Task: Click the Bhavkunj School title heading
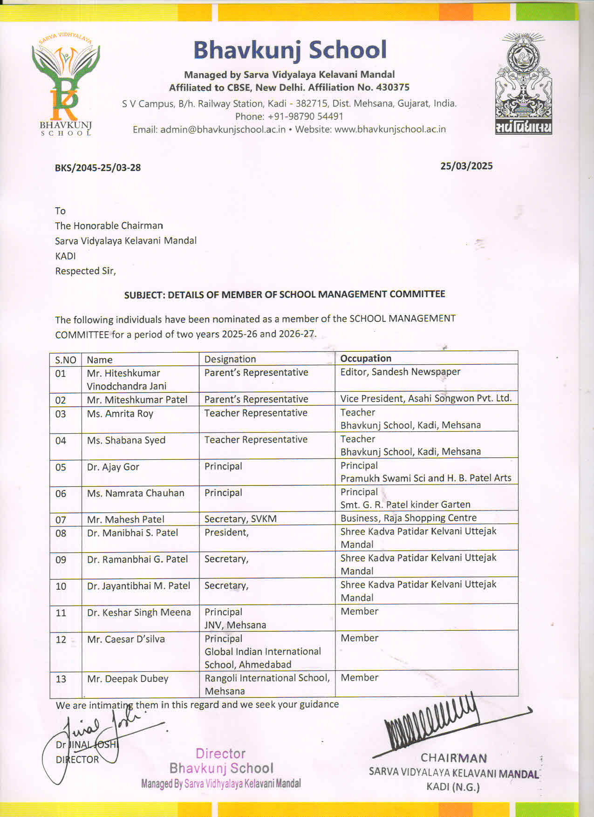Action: point(290,50)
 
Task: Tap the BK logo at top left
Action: point(65,84)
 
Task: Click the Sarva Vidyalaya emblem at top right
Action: point(523,84)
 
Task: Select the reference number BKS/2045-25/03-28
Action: point(98,168)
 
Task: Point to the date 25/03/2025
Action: point(466,166)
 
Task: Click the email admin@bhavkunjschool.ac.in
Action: point(223,129)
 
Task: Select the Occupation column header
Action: point(366,358)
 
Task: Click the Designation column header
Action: point(230,359)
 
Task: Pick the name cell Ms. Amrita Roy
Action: point(120,414)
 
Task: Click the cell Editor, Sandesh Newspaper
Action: point(400,372)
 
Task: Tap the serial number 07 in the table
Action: point(61,520)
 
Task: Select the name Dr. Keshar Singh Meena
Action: point(139,613)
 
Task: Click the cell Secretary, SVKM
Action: point(240,519)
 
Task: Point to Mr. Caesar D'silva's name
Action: point(126,639)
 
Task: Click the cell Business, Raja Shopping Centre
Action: point(409,518)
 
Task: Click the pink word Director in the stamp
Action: point(220,754)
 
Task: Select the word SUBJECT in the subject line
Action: point(144,295)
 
